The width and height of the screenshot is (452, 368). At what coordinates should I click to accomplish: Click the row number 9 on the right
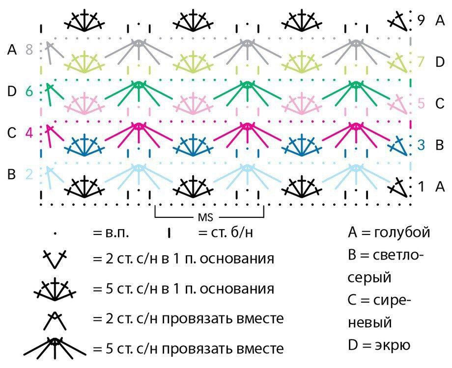(421, 20)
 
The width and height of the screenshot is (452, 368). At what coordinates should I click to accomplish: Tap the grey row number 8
(29, 50)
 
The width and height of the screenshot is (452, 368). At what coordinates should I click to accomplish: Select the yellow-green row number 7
(421, 62)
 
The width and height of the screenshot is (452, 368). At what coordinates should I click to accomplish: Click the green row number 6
(29, 91)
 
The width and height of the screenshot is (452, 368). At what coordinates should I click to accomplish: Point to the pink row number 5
(421, 103)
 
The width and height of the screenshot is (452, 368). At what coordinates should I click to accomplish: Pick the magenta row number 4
(29, 133)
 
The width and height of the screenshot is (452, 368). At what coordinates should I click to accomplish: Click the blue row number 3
(421, 145)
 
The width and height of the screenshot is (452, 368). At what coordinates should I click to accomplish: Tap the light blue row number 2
(29, 174)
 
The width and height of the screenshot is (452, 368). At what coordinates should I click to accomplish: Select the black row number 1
(421, 186)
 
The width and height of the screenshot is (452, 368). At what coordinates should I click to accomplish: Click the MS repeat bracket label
(205, 217)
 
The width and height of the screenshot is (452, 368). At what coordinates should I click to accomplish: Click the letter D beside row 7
(440, 62)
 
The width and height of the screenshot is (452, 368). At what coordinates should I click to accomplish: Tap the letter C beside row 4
(11, 133)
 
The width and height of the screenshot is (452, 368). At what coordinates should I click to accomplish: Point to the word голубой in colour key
(402, 232)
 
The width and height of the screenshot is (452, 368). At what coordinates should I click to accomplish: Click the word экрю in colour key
(393, 344)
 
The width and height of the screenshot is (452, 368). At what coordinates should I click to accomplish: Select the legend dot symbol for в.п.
(55, 234)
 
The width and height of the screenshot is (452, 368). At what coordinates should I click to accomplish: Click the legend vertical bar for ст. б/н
(169, 233)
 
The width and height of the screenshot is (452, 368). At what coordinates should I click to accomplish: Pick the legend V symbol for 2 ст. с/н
(55, 259)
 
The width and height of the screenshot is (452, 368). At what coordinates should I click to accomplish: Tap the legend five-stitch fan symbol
(55, 289)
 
